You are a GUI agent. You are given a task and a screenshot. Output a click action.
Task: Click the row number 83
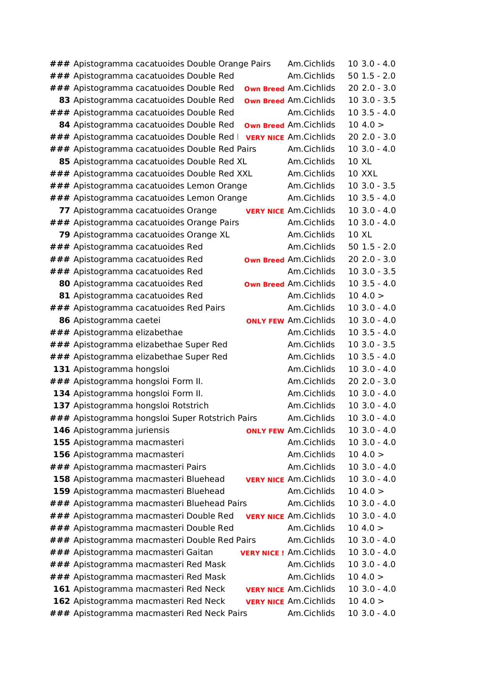click(64, 100)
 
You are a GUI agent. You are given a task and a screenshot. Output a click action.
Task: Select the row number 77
click(64, 210)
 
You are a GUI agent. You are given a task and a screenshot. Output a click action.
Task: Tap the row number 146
click(62, 430)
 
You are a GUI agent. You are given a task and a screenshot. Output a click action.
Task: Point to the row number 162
click(62, 601)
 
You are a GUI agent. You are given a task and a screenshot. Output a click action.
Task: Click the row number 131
click(62, 369)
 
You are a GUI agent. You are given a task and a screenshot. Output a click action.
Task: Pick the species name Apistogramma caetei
click(117, 320)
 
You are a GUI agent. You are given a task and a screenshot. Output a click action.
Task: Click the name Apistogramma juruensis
click(122, 430)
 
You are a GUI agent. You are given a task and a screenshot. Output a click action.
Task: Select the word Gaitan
click(200, 552)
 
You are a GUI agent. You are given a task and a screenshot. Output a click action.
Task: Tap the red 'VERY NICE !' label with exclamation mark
click(262, 553)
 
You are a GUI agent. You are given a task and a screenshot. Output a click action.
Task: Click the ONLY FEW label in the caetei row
click(265, 321)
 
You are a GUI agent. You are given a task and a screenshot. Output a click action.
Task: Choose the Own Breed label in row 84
click(264, 126)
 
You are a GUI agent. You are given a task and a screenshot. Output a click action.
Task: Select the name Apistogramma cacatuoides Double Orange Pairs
click(172, 64)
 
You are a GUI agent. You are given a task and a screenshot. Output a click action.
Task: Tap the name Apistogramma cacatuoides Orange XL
click(152, 235)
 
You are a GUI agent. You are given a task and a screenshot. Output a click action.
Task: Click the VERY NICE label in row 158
click(265, 480)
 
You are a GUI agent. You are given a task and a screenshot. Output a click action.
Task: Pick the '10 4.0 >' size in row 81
click(366, 296)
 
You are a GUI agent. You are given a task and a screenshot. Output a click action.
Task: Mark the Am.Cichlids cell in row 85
click(311, 162)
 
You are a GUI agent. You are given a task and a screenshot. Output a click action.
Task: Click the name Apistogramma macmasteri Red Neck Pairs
click(160, 613)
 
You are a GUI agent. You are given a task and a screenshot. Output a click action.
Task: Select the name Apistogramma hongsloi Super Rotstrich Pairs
click(165, 418)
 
